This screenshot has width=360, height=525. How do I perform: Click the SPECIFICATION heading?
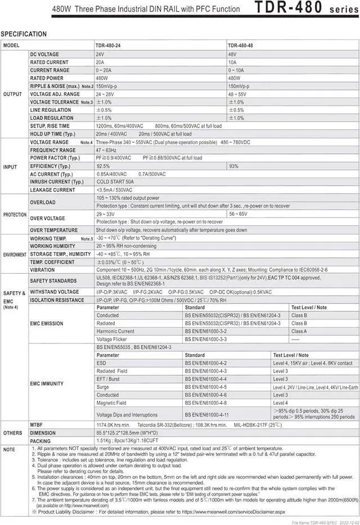(x=24, y=34)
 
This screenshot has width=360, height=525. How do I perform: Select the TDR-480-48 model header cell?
(x=242, y=45)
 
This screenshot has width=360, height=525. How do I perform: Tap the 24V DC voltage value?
(x=100, y=54)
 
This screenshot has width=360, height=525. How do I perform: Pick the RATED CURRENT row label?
(x=49, y=62)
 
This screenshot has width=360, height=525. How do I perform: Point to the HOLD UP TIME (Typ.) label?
(x=52, y=134)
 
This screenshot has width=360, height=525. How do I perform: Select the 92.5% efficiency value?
(x=103, y=166)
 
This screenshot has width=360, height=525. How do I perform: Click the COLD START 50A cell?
(x=115, y=182)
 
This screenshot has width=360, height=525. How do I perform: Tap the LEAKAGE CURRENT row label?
(x=52, y=190)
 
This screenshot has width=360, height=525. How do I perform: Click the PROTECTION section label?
(x=15, y=215)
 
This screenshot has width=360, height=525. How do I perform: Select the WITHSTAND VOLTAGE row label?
(x=54, y=292)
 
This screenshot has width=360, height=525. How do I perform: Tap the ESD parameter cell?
(x=101, y=363)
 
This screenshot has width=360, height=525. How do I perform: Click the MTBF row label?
(x=38, y=425)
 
